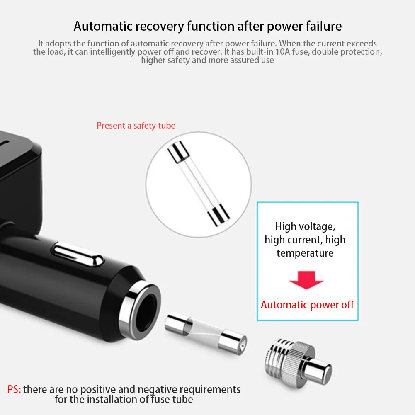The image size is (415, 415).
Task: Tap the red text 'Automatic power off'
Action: [307, 305]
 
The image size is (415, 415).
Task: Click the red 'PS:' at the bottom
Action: [15, 390]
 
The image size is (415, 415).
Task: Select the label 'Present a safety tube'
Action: [136, 125]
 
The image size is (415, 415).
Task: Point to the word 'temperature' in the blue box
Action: [305, 253]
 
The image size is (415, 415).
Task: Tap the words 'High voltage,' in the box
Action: [305, 226]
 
